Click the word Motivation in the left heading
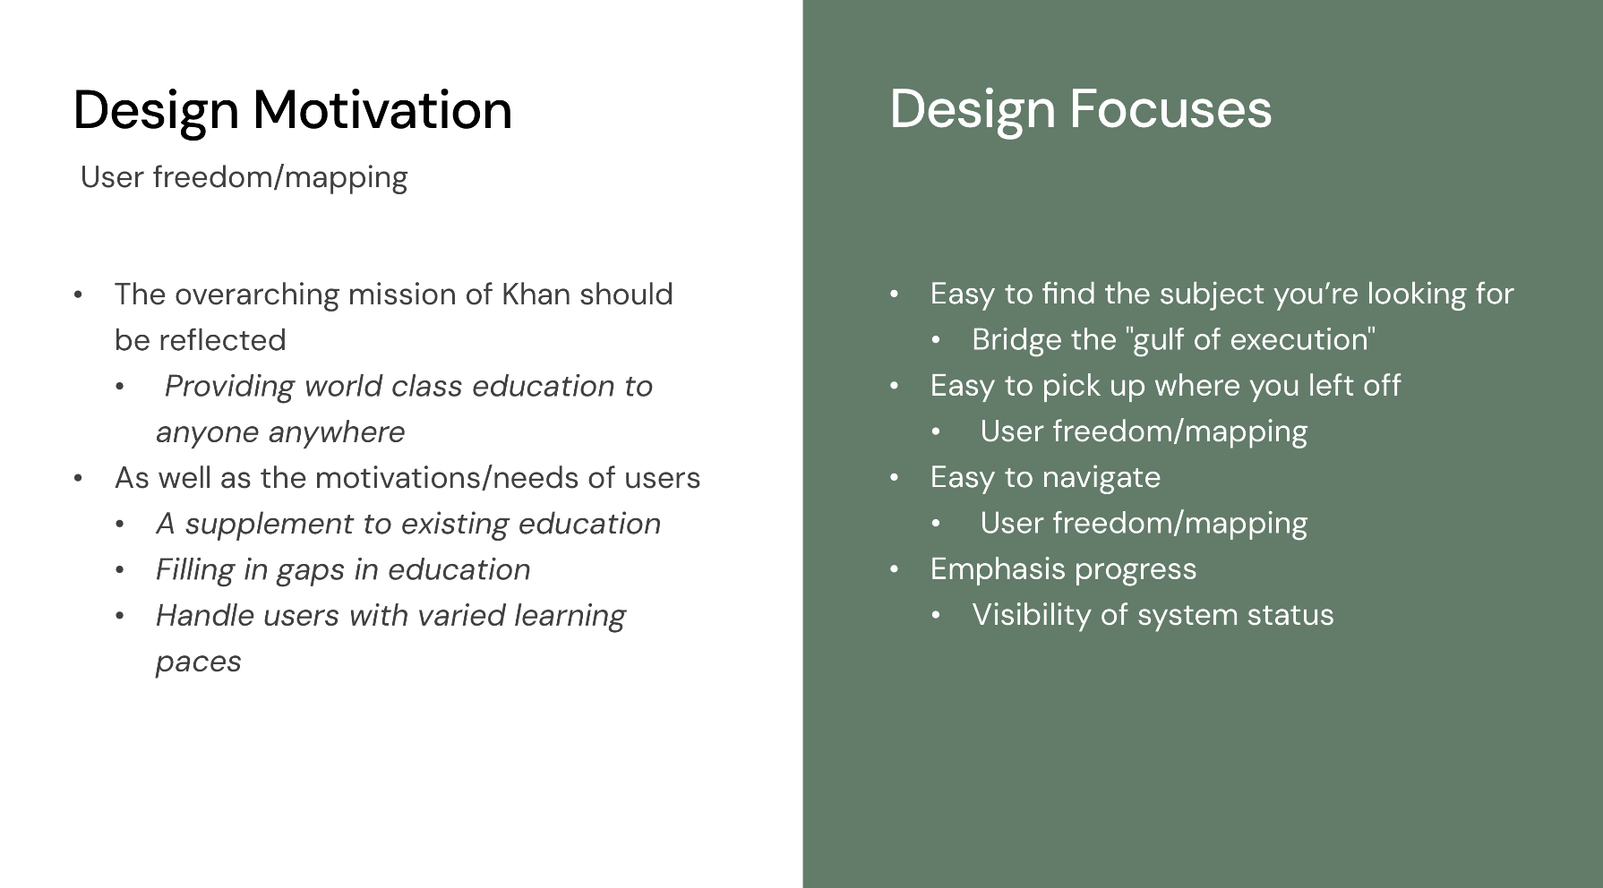pos(382,110)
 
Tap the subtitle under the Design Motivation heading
pos(244,177)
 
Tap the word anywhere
pos(336,432)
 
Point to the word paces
pos(199,662)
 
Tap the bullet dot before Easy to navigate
pos(894,478)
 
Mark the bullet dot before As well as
pos(78,479)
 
